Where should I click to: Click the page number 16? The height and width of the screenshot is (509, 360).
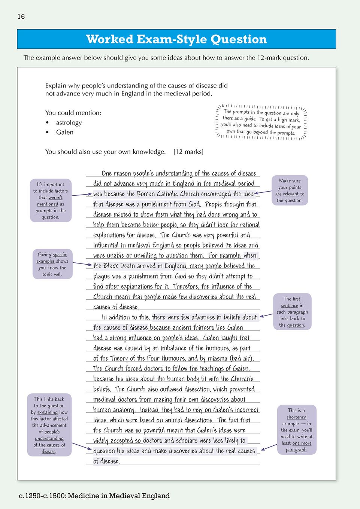click(x=21, y=16)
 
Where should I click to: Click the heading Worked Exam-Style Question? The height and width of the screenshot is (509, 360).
click(x=176, y=39)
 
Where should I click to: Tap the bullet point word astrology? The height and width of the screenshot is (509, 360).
click(x=69, y=122)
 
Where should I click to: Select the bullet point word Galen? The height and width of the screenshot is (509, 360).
click(x=64, y=132)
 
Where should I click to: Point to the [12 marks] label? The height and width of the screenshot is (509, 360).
click(x=188, y=152)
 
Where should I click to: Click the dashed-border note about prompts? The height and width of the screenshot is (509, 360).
click(x=261, y=122)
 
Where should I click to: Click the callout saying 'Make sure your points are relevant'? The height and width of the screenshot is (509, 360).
click(x=290, y=190)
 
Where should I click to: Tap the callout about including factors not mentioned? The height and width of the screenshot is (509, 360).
click(x=51, y=200)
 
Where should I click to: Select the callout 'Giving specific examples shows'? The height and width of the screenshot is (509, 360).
click(x=52, y=264)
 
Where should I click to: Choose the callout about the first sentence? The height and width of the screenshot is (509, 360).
click(x=292, y=312)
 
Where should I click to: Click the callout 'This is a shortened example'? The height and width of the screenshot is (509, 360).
click(x=297, y=430)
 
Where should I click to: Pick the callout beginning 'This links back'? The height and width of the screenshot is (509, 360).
click(x=49, y=425)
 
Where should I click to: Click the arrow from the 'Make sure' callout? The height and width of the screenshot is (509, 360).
click(x=263, y=192)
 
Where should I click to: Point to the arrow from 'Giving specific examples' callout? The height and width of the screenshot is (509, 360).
click(x=82, y=264)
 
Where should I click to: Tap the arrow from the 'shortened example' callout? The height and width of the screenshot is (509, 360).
click(x=269, y=446)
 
